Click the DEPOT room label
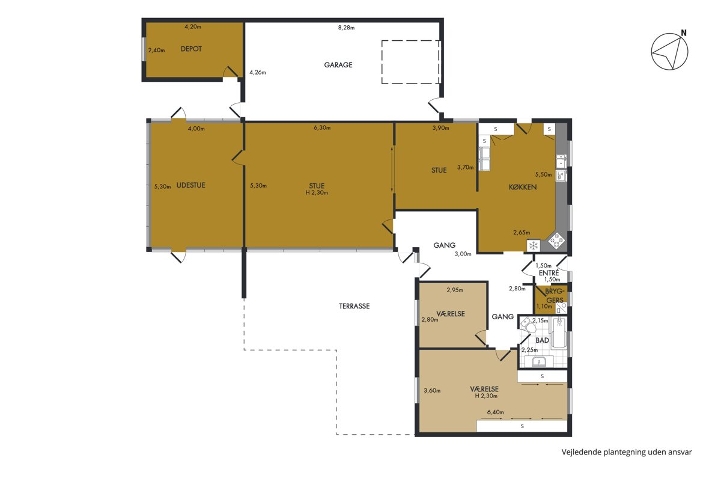click(191, 49)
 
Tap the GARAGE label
click(338, 65)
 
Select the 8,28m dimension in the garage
click(346, 28)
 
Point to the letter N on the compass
click(684, 33)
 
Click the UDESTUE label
click(191, 185)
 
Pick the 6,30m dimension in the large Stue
click(322, 128)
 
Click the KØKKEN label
click(523, 187)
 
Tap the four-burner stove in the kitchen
click(556, 240)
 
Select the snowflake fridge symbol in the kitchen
click(534, 246)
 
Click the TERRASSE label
click(354, 306)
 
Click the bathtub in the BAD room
click(559, 332)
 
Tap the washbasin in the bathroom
click(539, 361)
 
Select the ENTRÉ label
click(549, 273)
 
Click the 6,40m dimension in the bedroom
click(495, 412)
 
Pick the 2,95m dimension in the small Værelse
click(455, 290)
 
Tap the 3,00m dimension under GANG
click(463, 254)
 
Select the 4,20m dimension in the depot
click(193, 26)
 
